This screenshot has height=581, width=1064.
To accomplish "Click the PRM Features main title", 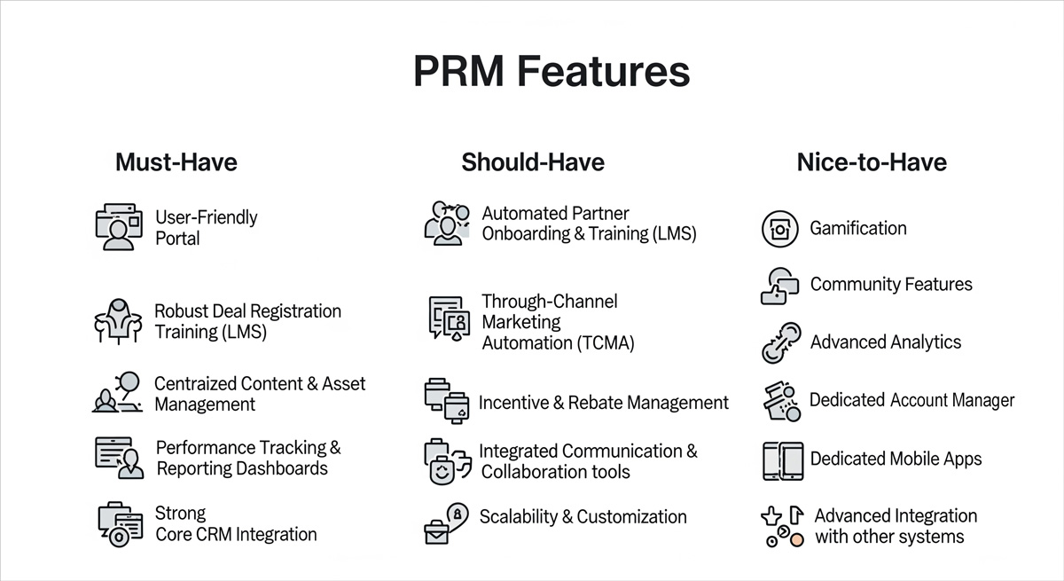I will [551, 72].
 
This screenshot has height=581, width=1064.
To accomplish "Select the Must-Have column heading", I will [176, 162].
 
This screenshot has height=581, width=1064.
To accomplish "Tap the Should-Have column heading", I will [532, 162].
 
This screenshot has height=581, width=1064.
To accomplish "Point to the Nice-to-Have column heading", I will [872, 162].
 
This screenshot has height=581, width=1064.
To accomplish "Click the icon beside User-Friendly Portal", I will [119, 227].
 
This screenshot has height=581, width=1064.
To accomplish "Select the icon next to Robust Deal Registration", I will [118, 321].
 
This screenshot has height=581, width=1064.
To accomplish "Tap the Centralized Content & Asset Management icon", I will [118, 393].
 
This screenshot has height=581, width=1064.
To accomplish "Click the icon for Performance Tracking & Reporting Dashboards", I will [119, 458].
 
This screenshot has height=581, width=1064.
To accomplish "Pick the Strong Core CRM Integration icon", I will [120, 523].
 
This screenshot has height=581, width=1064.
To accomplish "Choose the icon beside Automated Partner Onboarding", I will [447, 224].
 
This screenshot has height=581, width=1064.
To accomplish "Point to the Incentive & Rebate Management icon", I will [446, 402].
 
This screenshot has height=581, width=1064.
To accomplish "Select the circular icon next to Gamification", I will [780, 229].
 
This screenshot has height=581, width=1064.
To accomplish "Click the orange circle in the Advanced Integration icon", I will [797, 538].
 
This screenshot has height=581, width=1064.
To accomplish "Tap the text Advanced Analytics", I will [885, 342].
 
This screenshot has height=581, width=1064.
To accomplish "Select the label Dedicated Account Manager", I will [911, 401].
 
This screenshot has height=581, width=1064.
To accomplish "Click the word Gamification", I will [857, 228].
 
